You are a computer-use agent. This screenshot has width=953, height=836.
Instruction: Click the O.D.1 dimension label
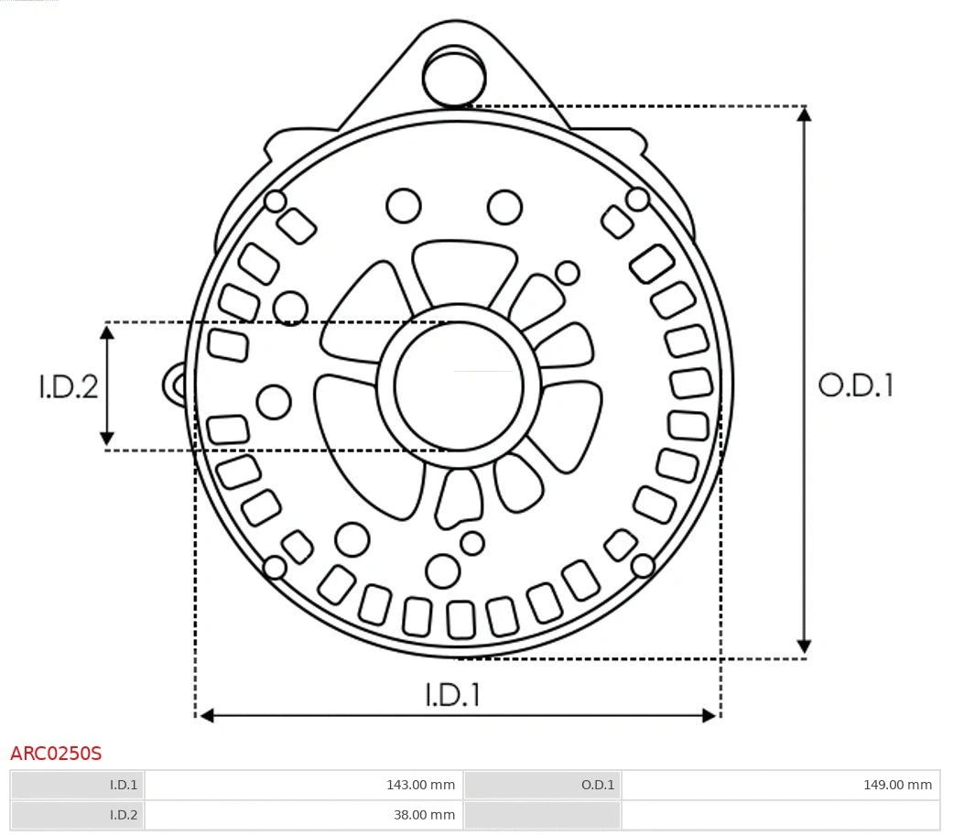click(x=855, y=385)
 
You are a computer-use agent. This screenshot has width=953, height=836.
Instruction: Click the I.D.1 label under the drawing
click(x=452, y=695)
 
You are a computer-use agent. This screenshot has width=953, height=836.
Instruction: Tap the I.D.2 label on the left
click(x=68, y=386)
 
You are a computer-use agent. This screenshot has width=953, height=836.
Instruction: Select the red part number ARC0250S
click(x=56, y=754)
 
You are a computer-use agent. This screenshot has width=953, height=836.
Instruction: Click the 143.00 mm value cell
click(x=303, y=785)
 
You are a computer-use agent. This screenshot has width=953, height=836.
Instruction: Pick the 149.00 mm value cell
click(x=780, y=785)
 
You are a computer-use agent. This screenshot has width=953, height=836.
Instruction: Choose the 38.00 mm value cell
click(x=303, y=815)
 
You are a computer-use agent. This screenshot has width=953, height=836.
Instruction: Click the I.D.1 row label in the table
click(x=78, y=785)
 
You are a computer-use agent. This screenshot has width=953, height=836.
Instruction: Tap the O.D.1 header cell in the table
click(x=542, y=785)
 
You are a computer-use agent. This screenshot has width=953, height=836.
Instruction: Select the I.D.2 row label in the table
click(x=78, y=815)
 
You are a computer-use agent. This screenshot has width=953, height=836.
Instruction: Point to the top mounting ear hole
click(x=454, y=76)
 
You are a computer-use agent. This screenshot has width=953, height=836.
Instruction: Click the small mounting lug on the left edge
click(x=174, y=385)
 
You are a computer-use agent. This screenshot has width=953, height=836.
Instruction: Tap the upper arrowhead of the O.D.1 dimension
click(x=804, y=115)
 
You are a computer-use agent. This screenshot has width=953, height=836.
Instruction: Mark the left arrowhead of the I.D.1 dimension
click(x=207, y=715)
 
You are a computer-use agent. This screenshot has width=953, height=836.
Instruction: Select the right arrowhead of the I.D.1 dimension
click(x=709, y=715)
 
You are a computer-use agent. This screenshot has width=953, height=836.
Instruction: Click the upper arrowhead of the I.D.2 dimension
click(x=107, y=332)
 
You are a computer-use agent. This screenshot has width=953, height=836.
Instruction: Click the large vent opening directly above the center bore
click(x=463, y=270)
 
